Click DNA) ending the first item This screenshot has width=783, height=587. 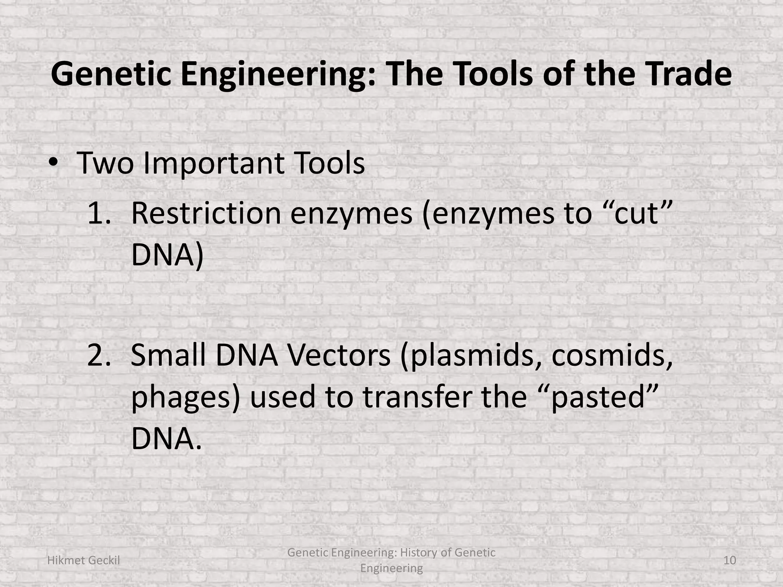(167, 255)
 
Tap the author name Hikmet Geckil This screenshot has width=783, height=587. (83, 560)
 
